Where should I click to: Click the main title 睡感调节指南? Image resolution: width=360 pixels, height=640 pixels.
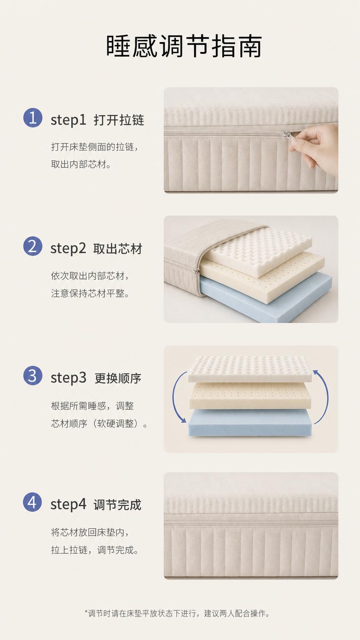184,46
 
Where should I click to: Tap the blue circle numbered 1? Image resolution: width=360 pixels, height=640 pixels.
33,117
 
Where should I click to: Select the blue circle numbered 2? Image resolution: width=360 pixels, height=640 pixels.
33,246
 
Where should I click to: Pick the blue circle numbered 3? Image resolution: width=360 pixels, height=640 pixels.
33,375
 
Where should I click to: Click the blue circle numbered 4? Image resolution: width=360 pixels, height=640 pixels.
32,502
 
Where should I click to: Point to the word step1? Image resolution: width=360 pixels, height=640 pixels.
68,120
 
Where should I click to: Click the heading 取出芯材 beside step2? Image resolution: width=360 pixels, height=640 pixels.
118,249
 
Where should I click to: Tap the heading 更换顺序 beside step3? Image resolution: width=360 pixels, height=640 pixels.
118,378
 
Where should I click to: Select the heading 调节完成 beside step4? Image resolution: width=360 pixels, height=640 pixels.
117,505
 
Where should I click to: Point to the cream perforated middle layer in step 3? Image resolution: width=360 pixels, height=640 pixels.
250,396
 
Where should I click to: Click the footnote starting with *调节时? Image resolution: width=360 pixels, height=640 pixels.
177,613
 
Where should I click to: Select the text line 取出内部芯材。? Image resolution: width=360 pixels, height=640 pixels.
81,164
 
